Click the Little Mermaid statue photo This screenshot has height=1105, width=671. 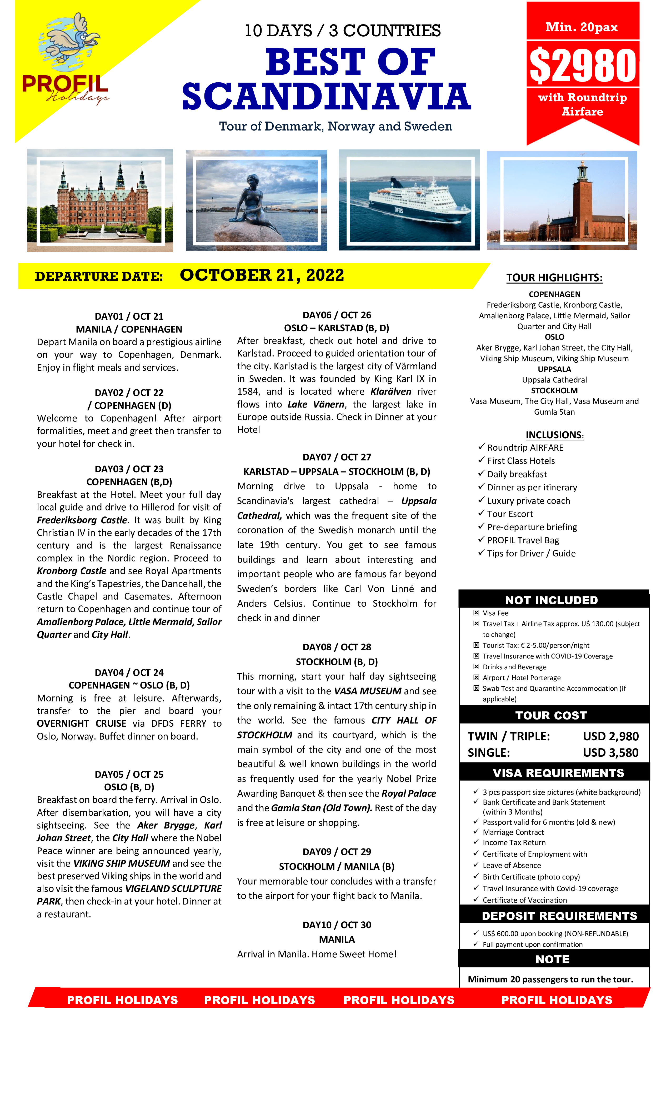pyautogui.click(x=256, y=200)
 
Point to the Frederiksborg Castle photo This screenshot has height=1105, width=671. pyautogui.click(x=100, y=200)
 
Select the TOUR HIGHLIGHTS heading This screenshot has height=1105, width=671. pyautogui.click(x=554, y=278)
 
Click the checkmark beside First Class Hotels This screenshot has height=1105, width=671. pyautogui.click(x=481, y=460)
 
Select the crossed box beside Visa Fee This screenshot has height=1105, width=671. pyautogui.click(x=476, y=612)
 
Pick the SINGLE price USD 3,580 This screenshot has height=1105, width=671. pyautogui.click(x=610, y=752)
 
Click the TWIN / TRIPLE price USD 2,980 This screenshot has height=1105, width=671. pyautogui.click(x=610, y=736)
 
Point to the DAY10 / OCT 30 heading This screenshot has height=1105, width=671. pyautogui.click(x=337, y=925)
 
